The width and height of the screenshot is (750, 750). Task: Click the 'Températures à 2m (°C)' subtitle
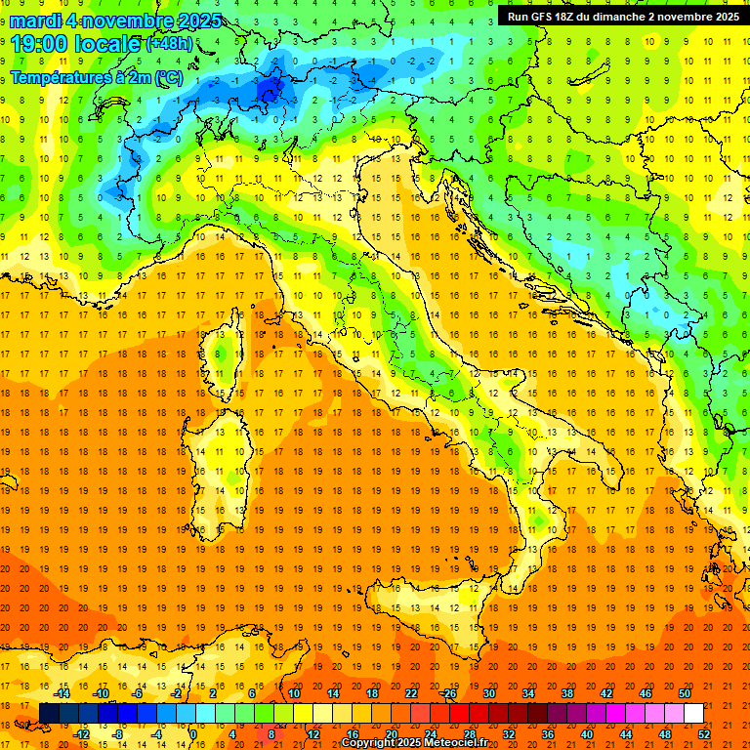[96, 76]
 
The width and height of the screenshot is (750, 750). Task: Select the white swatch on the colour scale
[693, 713]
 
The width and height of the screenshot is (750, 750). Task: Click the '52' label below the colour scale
[705, 733]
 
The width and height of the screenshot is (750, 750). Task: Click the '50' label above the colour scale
[684, 692]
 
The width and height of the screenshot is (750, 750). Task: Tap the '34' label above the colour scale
[528, 692]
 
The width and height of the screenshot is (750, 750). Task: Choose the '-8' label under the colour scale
[118, 733]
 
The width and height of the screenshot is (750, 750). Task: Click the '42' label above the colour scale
[605, 692]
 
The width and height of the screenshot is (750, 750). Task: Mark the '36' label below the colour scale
[549, 733]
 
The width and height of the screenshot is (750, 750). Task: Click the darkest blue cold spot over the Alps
[270, 90]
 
